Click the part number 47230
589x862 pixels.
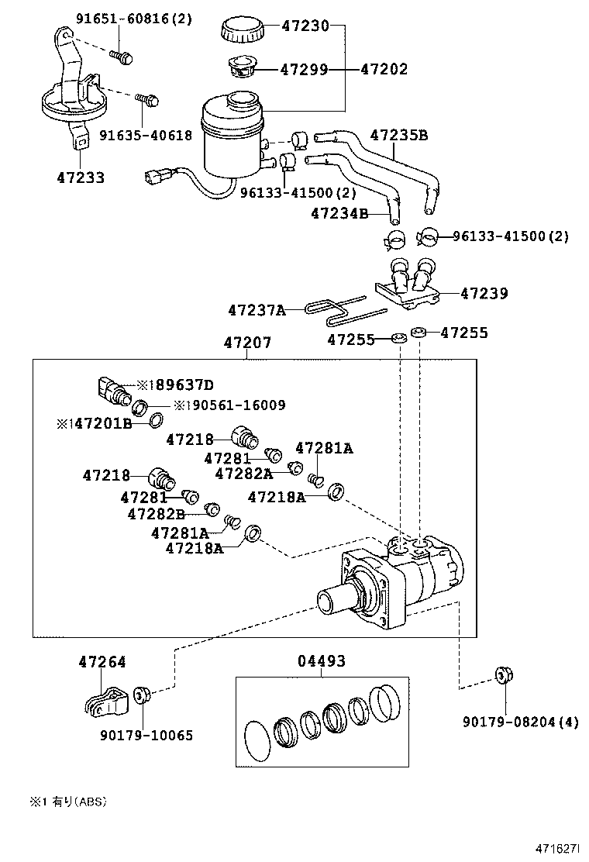tap(305, 26)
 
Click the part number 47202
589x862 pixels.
tap(384, 70)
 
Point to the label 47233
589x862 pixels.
tap(81, 178)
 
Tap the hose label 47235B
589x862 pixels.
tap(399, 136)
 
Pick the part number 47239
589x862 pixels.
tap(484, 294)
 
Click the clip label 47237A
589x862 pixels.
tap(257, 311)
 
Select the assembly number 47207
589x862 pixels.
tap(248, 342)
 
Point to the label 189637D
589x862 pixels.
tap(180, 384)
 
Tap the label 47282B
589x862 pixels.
tap(157, 513)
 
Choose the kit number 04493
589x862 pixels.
tap(322, 661)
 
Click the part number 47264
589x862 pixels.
tap(102, 662)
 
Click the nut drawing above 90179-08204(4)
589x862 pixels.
tap(504, 677)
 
